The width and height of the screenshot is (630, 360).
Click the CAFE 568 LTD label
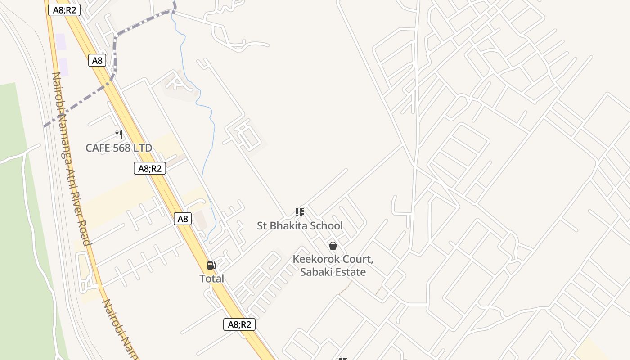point(119,148)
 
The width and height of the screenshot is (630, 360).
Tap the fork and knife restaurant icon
point(119,134)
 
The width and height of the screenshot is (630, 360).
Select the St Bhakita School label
point(300,225)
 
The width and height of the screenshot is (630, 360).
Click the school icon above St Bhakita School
point(300,212)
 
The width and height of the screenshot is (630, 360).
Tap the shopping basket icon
point(333,246)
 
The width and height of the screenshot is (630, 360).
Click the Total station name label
point(211,279)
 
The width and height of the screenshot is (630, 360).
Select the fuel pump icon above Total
point(211,265)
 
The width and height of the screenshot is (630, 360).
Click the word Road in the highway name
point(83,233)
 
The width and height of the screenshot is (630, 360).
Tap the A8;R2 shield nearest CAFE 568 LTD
point(150,169)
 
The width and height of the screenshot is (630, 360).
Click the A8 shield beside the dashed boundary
point(97,61)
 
